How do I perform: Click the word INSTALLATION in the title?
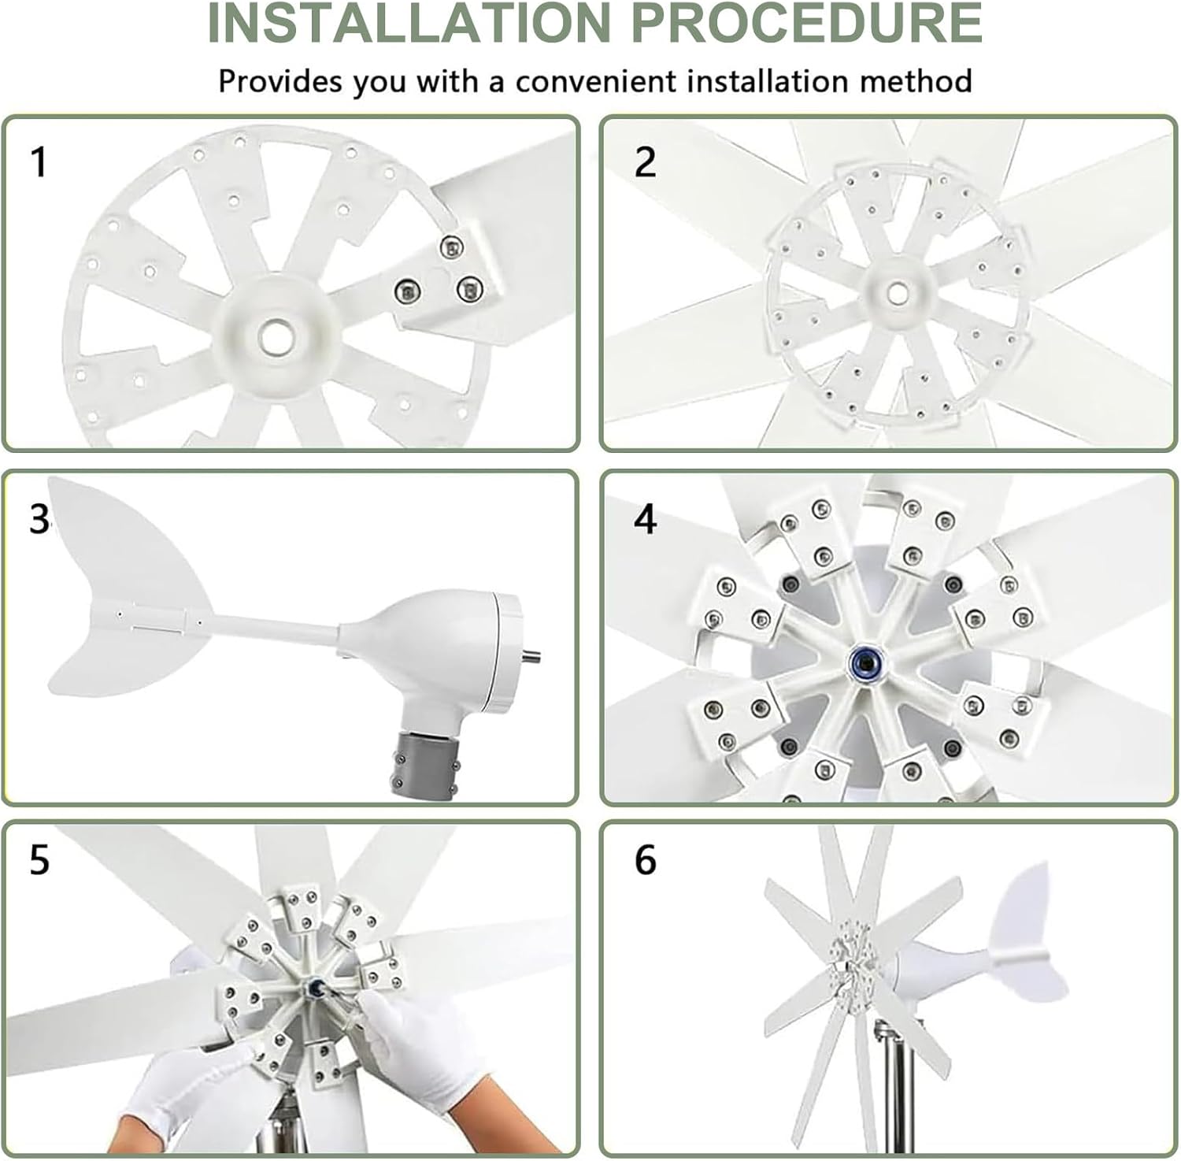(408, 23)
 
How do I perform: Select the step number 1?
(38, 162)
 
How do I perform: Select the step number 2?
(645, 162)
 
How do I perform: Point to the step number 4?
(645, 520)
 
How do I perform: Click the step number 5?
(39, 860)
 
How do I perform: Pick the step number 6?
(645, 860)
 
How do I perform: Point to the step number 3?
(39, 520)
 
